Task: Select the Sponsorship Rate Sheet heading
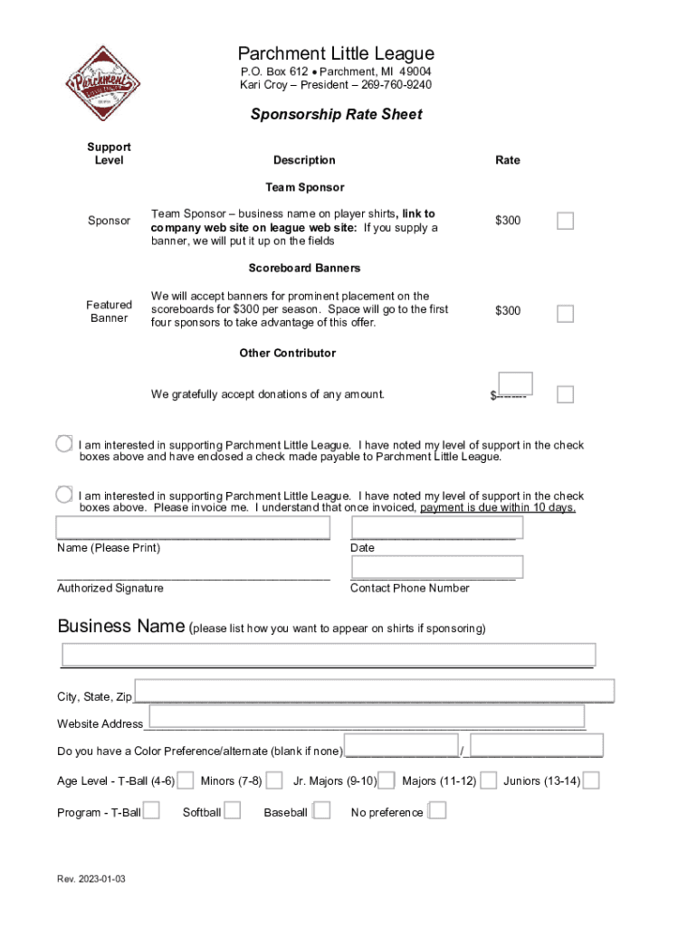tap(336, 115)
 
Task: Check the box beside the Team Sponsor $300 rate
tap(565, 221)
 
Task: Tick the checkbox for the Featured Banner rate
tap(565, 314)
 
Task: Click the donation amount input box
tap(515, 383)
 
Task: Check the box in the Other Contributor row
tap(565, 394)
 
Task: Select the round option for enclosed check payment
tap(63, 444)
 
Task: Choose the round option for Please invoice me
tap(63, 495)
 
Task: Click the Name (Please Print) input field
tap(193, 527)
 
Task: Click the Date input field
tap(436, 527)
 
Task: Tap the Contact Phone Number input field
tap(436, 567)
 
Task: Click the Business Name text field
tap(328, 655)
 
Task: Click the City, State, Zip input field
tap(374, 691)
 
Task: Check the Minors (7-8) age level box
tap(274, 780)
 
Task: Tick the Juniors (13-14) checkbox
tap(591, 780)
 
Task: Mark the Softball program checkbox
tap(232, 811)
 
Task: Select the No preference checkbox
tap(436, 811)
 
